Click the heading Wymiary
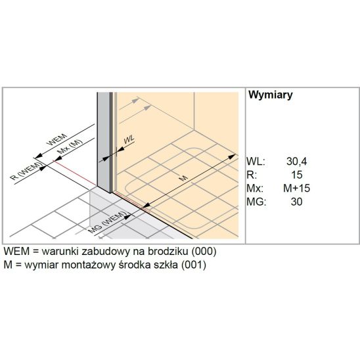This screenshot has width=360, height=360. tap(271, 95)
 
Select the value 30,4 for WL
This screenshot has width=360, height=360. tap(296, 162)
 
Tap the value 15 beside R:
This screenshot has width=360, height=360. tap(297, 175)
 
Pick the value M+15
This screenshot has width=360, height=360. tap(297, 189)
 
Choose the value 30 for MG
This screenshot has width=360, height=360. tap(296, 202)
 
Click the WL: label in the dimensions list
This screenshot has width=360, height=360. tap(256, 162)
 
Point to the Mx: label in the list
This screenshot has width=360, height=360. tap(255, 189)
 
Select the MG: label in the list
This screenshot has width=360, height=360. tap(256, 202)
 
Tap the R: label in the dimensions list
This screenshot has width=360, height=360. tap(252, 175)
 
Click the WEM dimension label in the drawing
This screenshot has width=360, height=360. tap(57, 139)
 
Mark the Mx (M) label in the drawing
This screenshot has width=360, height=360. tap(70, 146)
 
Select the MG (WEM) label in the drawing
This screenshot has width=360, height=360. tap(108, 223)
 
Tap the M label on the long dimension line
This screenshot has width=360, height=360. tap(183, 178)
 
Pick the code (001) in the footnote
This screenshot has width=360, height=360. tap(193, 265)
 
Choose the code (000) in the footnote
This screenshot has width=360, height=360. tap(204, 252)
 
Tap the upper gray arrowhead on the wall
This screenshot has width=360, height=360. tap(135, 101)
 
